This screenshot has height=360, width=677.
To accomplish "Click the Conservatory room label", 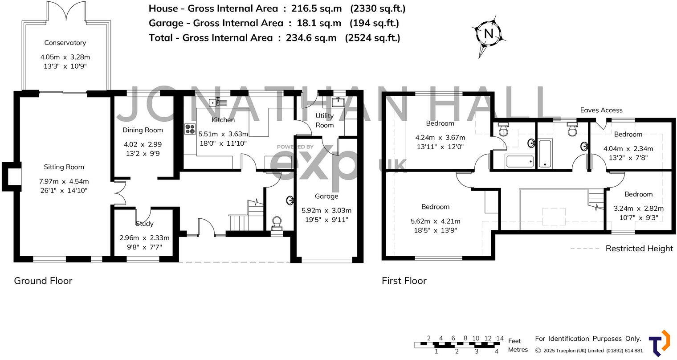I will point(65,43).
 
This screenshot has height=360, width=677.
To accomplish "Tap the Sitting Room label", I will point(64,167).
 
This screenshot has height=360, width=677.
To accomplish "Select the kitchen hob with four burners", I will point(190,129).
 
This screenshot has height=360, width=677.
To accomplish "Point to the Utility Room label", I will point(324,120).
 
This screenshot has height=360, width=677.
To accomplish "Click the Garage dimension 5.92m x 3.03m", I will point(326,210).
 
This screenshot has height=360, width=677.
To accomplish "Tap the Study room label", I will point(144,224).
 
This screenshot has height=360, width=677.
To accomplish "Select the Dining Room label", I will point(143,130).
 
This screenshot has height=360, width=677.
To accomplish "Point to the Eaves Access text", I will point(601,110).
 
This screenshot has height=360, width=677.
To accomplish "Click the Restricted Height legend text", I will point(639,249).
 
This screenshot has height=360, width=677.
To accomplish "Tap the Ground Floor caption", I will point(43,281).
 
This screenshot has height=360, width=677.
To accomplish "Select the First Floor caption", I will point(404,281).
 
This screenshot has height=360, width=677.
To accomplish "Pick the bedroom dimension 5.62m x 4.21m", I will point(435,221).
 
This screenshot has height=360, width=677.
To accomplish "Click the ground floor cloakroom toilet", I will point(277,222).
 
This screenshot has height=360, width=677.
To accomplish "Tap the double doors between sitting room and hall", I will point(118,192).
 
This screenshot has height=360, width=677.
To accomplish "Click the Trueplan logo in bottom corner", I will point(659,343).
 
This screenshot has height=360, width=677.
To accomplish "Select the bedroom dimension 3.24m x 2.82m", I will point(638,209).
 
